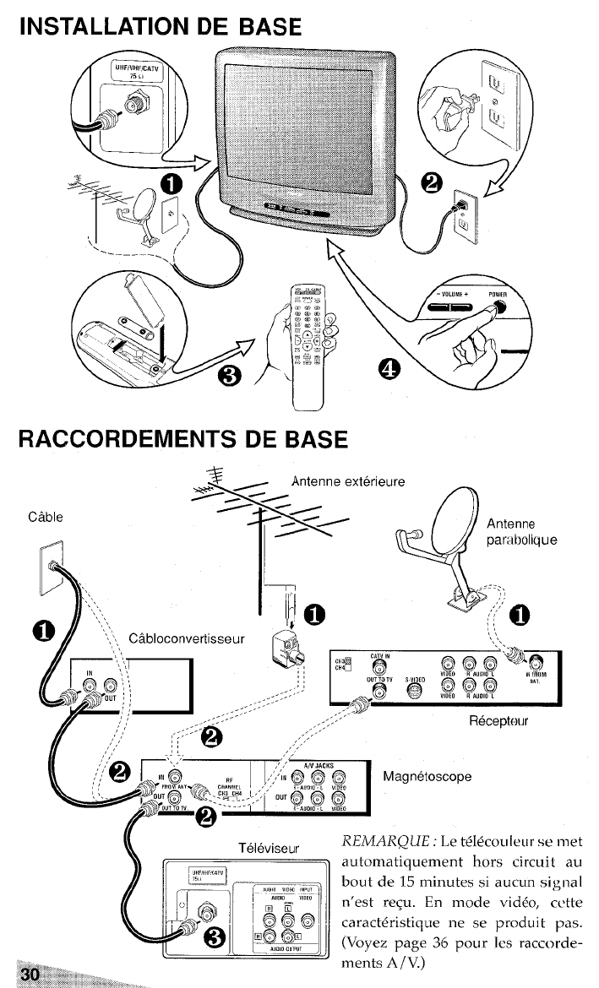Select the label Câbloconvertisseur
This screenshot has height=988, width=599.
(x=185, y=637)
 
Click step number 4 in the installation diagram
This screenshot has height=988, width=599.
(x=388, y=367)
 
